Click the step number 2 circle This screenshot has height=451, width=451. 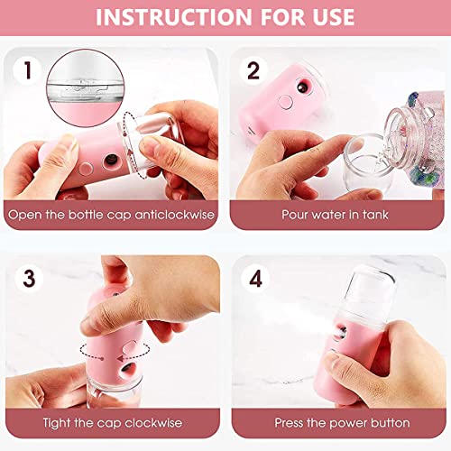pos(253,70)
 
